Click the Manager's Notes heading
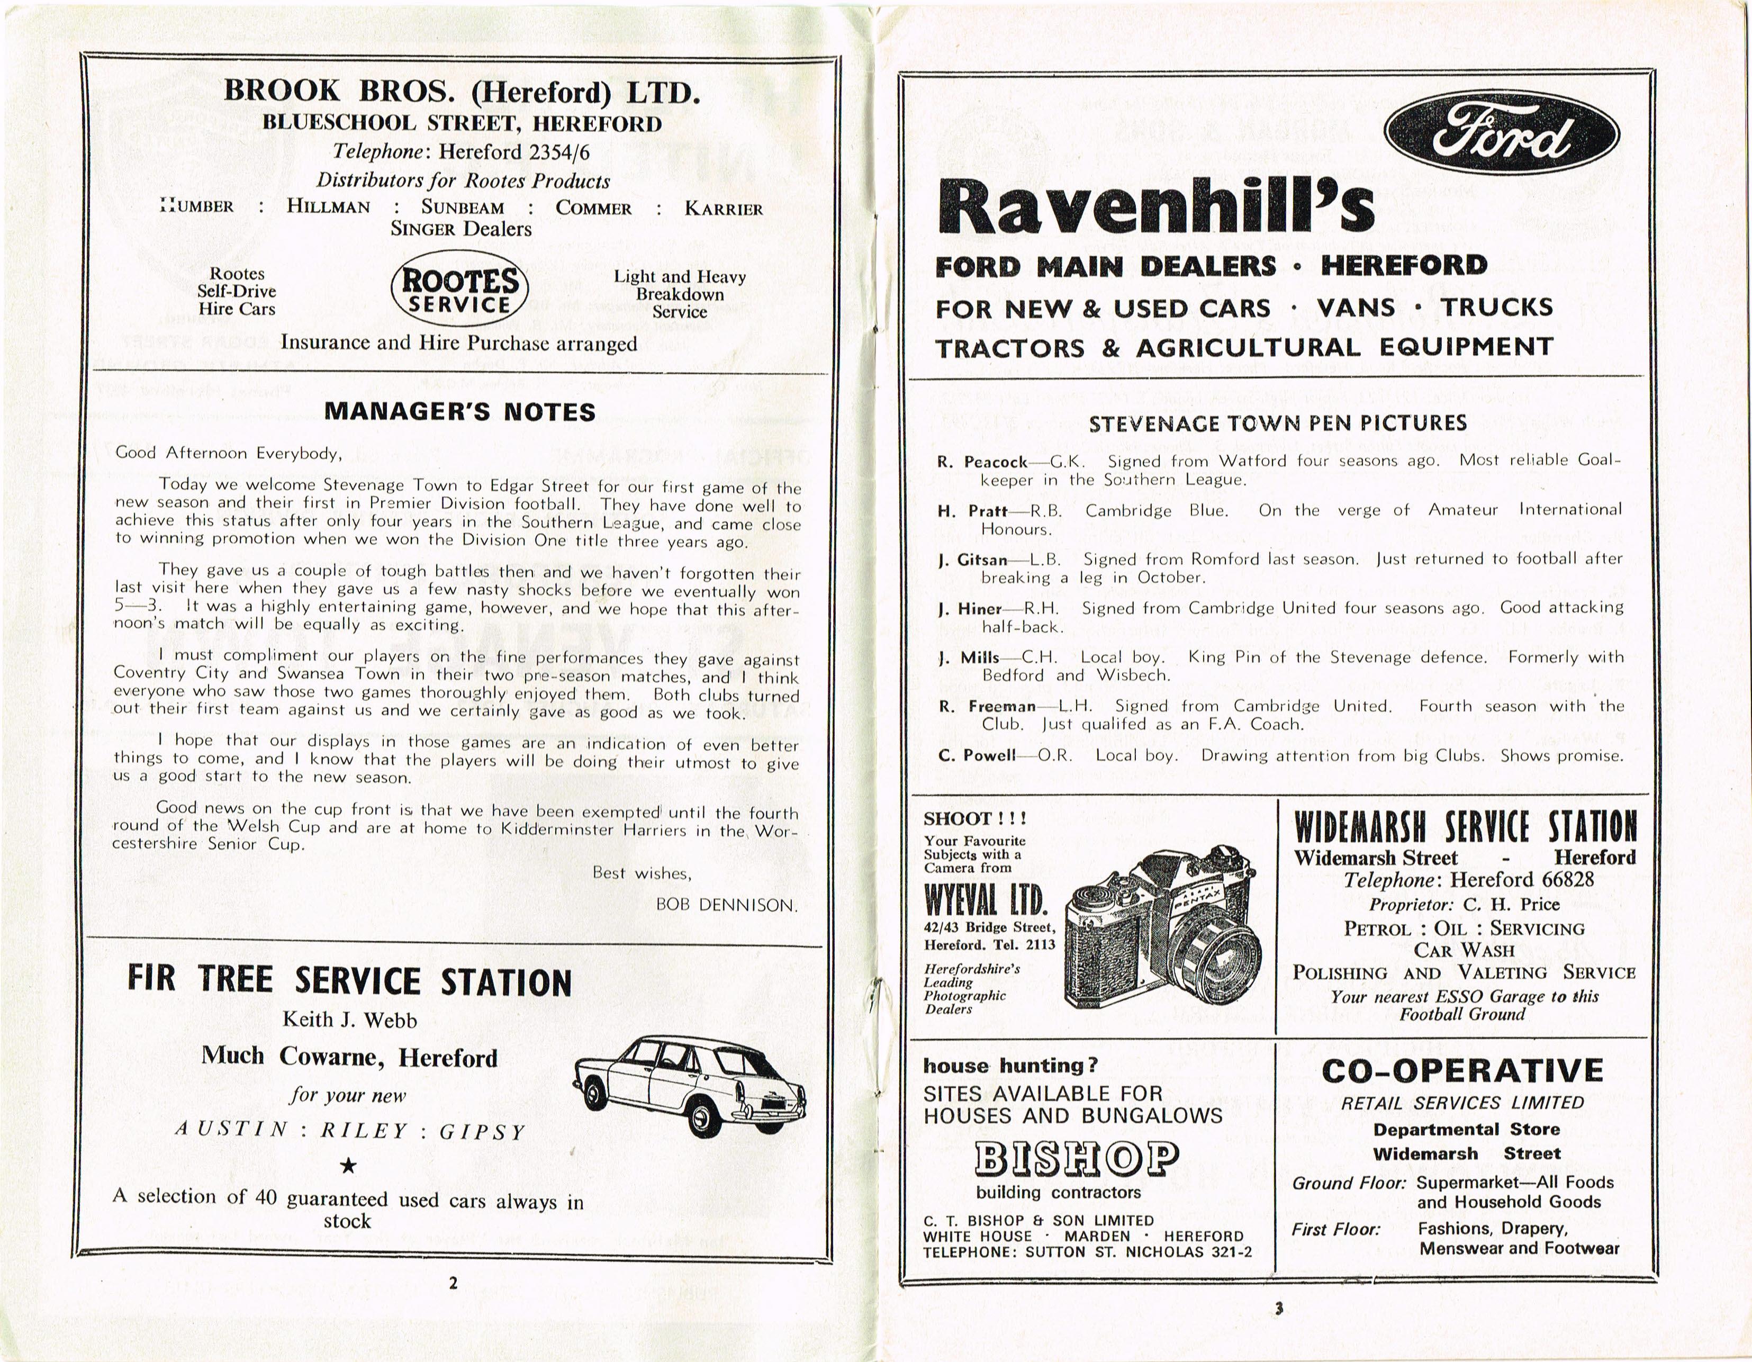click(459, 411)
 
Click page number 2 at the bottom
click(453, 1283)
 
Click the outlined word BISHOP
click(1077, 1158)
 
